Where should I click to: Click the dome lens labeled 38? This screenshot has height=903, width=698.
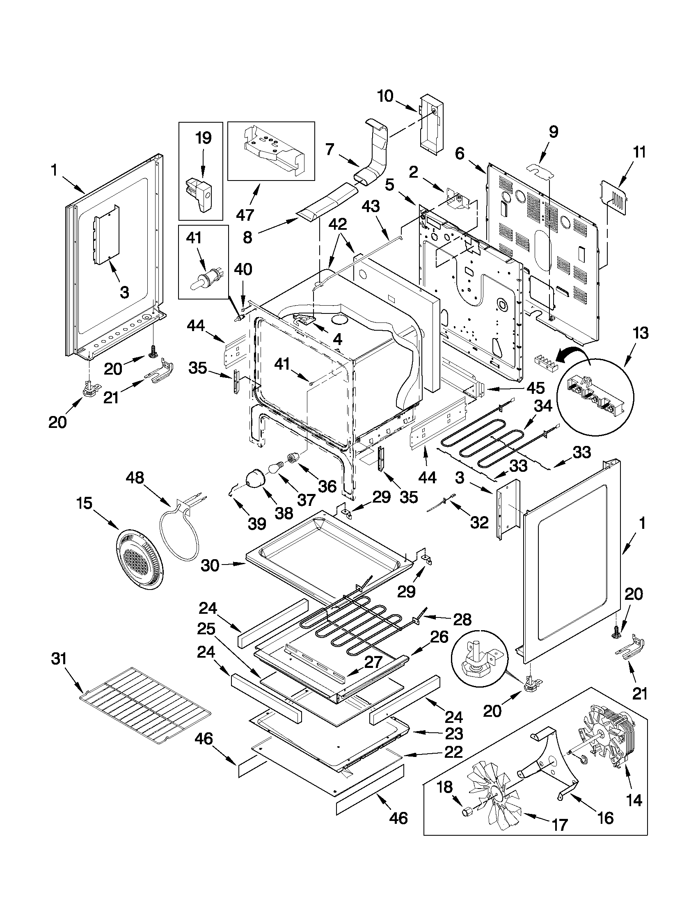pyautogui.click(x=257, y=480)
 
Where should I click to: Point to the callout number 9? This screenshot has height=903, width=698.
pyautogui.click(x=554, y=132)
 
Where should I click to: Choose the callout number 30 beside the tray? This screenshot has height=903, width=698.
pyautogui.click(x=210, y=565)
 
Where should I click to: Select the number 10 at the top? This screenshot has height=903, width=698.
pyautogui.click(x=385, y=96)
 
